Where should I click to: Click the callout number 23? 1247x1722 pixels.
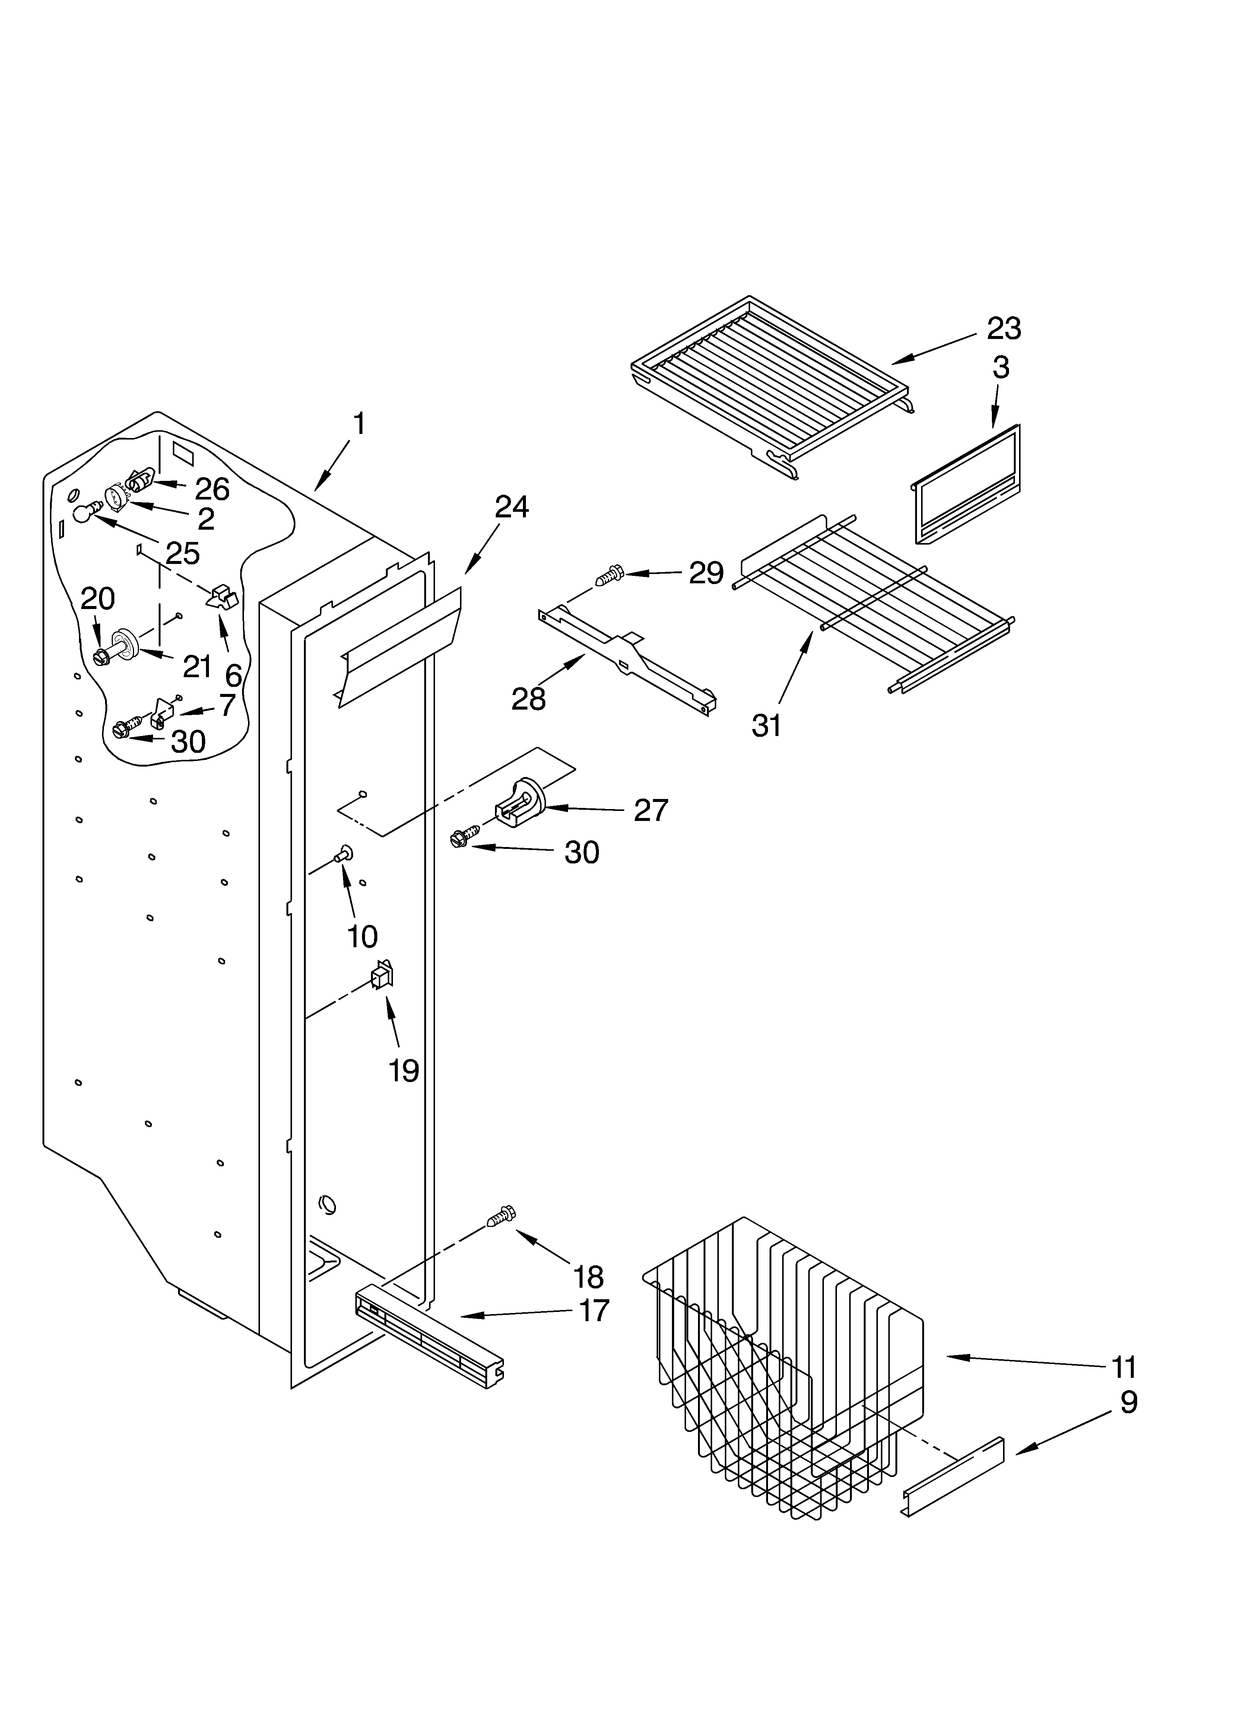[x=1003, y=329]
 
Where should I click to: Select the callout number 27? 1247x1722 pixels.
[x=651, y=810]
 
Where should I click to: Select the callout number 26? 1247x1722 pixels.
[x=212, y=489]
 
